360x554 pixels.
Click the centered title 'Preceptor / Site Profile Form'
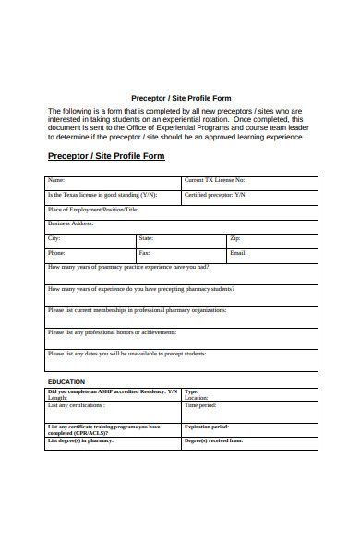(x=181, y=98)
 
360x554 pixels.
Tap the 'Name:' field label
(x=56, y=180)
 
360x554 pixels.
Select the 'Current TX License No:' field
(x=214, y=180)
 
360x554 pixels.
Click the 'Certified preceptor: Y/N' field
(x=214, y=195)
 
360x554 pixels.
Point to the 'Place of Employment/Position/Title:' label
(x=92, y=210)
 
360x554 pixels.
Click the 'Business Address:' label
(x=72, y=223)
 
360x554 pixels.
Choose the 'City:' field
(x=54, y=238)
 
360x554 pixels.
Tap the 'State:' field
(x=146, y=238)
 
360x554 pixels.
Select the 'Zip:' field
(x=234, y=238)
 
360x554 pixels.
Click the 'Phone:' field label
(x=56, y=252)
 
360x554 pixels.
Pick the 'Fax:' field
(x=144, y=252)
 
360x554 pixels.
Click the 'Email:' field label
(x=238, y=252)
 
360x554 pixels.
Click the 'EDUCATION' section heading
(x=66, y=381)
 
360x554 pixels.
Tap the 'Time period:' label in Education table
(x=200, y=405)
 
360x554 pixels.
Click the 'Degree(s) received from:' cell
(x=213, y=441)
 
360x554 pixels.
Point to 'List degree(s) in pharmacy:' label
(x=80, y=441)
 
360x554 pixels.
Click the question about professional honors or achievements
(x=112, y=332)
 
